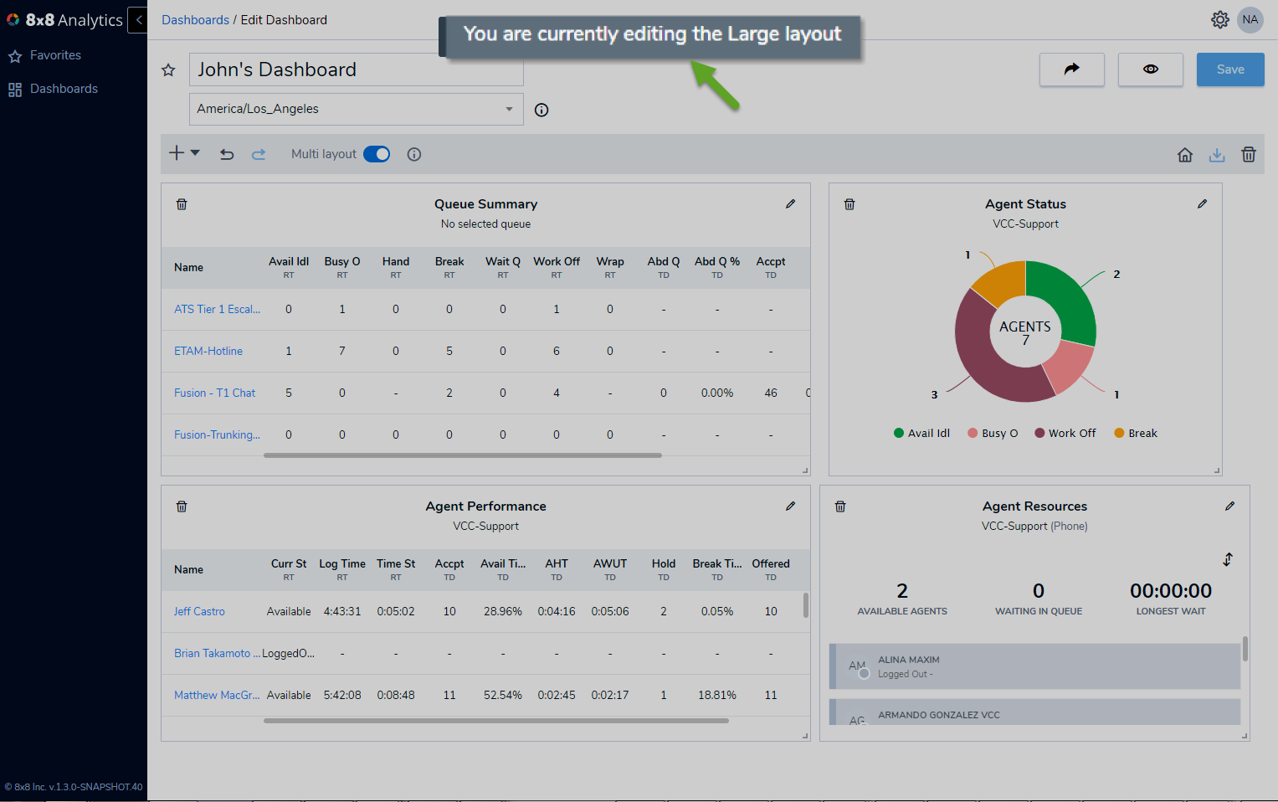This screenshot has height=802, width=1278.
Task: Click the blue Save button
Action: [1230, 69]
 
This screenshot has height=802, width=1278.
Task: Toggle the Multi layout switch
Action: [377, 154]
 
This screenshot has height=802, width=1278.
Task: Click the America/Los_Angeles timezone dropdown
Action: [356, 109]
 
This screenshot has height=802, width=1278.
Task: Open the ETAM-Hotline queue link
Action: [208, 351]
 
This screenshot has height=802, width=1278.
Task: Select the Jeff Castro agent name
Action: [199, 611]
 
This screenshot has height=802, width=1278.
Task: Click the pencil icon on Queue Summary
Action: [790, 203]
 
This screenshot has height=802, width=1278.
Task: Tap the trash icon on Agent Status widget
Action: [849, 204]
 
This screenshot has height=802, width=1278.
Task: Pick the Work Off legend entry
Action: [1065, 434]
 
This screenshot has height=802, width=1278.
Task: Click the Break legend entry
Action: [1136, 434]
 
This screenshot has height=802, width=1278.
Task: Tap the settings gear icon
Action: [1219, 20]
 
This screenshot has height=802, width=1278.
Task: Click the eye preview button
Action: [1150, 69]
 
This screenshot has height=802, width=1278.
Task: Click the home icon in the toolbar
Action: [1185, 155]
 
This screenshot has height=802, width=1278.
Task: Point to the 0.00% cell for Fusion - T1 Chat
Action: [717, 393]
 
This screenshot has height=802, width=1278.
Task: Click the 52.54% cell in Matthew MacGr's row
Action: [503, 695]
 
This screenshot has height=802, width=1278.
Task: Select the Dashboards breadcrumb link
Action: [195, 20]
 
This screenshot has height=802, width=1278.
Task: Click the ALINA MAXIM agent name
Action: [908, 660]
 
